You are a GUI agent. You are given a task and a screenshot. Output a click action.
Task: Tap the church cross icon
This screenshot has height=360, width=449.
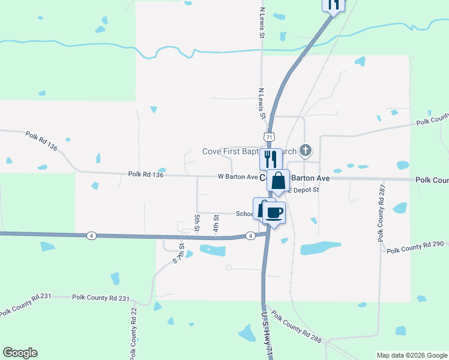pos(306,149)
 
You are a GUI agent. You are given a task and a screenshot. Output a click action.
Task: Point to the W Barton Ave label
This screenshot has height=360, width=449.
pos(237,177)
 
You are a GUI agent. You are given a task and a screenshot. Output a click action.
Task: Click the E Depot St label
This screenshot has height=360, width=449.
pos(305,190)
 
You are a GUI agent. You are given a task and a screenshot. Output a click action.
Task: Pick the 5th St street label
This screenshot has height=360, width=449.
pos(197,221)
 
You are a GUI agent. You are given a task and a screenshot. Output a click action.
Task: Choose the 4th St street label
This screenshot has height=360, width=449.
pos(215,226)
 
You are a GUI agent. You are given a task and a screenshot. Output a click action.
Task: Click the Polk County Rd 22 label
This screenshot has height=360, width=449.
pos(134,333)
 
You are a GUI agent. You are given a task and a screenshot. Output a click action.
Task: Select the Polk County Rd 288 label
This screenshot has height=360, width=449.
pos(296,327)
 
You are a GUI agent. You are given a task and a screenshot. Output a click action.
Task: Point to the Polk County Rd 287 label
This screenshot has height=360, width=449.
pos(381,213)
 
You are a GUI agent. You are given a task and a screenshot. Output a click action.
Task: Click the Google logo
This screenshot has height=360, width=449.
pos(20,353)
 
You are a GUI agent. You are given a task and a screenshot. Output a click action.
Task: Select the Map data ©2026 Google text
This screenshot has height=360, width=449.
pos(411,355)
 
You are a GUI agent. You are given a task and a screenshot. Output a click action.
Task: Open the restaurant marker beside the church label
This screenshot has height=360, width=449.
pos(271,158)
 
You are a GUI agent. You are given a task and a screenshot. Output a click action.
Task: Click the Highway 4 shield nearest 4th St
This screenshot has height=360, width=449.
pos(249,236)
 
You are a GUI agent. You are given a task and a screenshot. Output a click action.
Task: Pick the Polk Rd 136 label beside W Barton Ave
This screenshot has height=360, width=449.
pos(146,175)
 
